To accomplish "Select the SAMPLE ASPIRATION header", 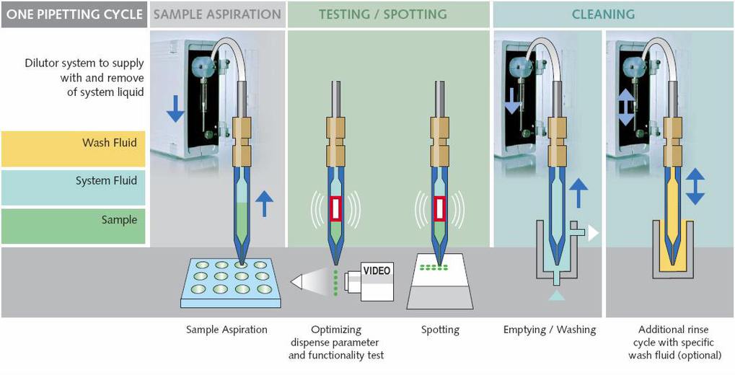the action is click(x=218, y=14).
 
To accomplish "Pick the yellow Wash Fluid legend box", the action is click(x=73, y=149).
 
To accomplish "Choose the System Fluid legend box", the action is click(x=73, y=188).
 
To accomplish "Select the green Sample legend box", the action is click(x=73, y=226).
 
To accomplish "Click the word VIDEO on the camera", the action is click(x=377, y=271).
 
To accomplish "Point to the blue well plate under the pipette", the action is click(x=231, y=283).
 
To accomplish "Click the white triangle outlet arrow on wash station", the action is click(x=594, y=233).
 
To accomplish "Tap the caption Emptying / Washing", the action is click(x=550, y=330).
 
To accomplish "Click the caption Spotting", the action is click(x=440, y=330).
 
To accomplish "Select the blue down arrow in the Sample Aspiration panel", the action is click(x=175, y=108).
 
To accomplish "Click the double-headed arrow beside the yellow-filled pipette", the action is click(x=695, y=186).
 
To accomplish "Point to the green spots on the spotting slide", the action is click(x=434, y=268).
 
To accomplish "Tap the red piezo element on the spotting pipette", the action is click(x=440, y=208).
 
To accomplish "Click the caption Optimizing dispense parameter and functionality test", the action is click(x=336, y=343).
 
